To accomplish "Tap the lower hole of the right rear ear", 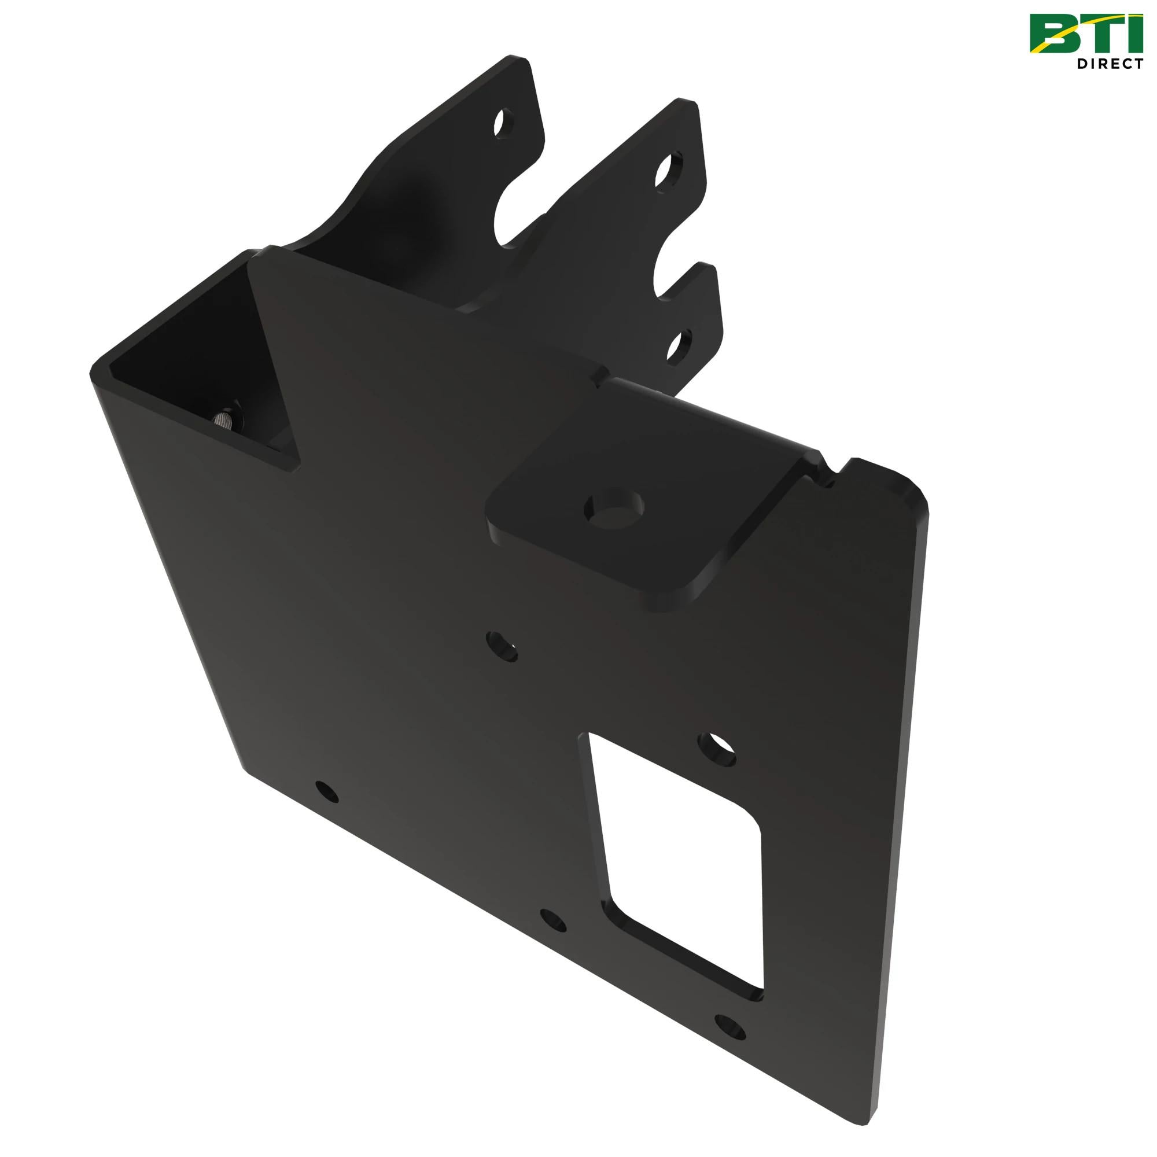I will (x=679, y=346).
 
